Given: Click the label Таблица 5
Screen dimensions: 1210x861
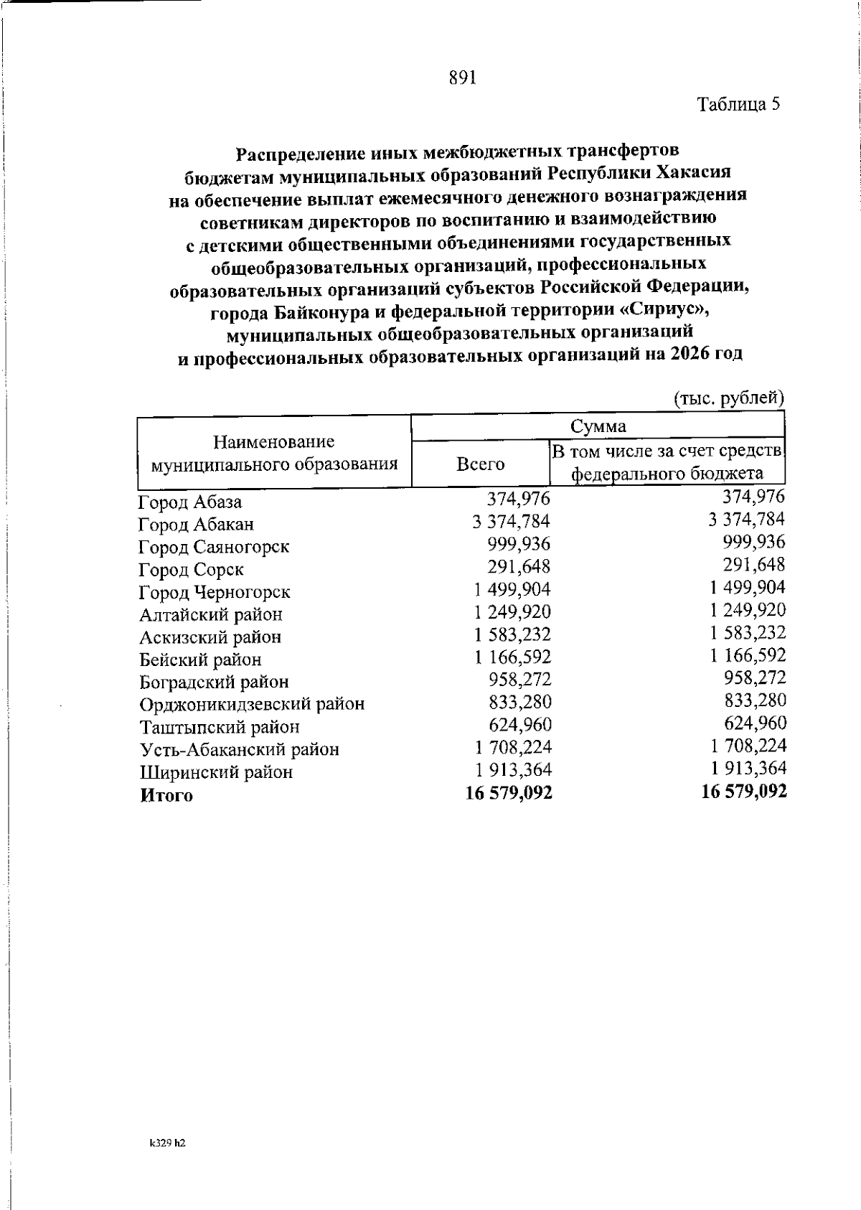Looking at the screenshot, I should point(738,105).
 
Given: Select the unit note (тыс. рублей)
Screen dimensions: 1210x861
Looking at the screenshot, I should point(728,398).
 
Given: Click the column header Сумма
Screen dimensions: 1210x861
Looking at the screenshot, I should point(597,426).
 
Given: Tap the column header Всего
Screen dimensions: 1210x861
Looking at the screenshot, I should point(480,464).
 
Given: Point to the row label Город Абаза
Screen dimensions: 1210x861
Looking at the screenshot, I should point(190,502).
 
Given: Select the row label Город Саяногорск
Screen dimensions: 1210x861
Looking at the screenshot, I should point(214,547).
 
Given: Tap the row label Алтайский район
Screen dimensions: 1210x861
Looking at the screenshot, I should point(211,615).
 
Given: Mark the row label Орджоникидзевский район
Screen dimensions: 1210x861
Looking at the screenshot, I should point(252,705).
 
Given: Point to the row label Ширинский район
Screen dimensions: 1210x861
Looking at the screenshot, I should point(216,773).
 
